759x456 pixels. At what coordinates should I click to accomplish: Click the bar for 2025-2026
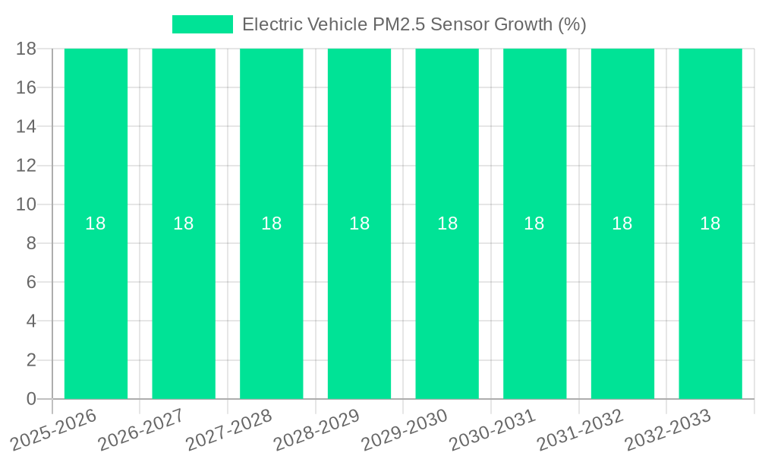(x=96, y=304)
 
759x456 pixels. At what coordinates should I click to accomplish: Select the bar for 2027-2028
(x=272, y=304)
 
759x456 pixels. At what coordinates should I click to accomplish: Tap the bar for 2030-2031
(x=535, y=304)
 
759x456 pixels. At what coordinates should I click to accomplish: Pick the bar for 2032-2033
(x=710, y=304)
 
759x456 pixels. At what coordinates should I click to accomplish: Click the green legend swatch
(x=203, y=24)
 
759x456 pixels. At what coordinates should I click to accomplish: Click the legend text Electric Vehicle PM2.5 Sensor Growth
(x=414, y=24)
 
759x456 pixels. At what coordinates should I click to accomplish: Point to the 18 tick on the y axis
(x=27, y=49)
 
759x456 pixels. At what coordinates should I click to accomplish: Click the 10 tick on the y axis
(x=27, y=204)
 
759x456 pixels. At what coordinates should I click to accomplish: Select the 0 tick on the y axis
(x=31, y=399)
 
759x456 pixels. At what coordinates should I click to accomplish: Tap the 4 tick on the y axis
(x=31, y=321)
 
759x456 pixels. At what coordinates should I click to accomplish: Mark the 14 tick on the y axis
(x=27, y=126)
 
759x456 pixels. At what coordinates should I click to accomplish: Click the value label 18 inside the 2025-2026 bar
(x=96, y=223)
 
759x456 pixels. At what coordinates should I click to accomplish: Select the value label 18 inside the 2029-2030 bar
(x=447, y=223)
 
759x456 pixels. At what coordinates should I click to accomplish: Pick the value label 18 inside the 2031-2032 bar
(x=622, y=223)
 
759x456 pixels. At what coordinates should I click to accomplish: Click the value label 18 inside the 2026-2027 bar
(x=184, y=223)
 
